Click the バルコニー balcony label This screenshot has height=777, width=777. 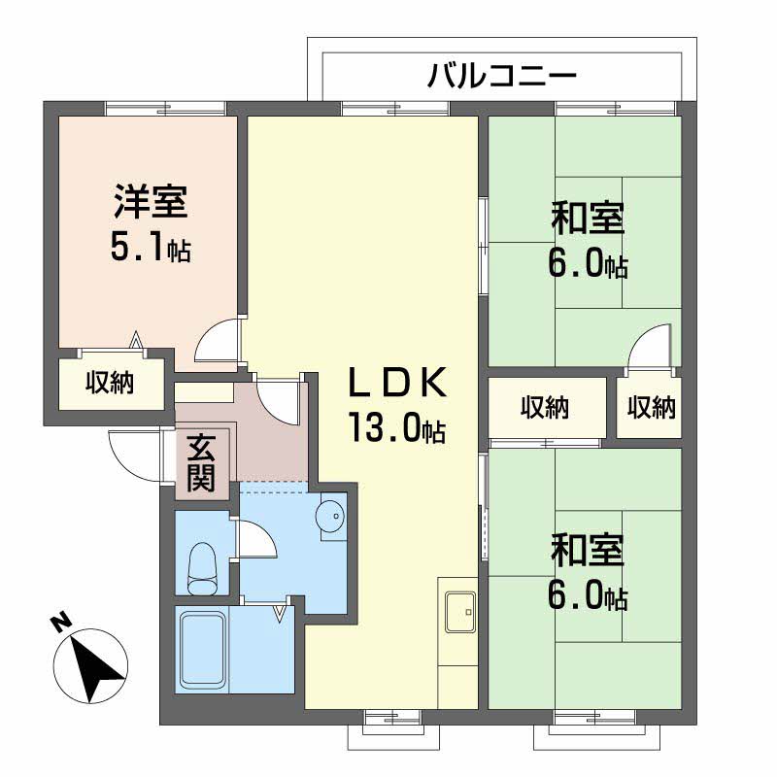point(503,75)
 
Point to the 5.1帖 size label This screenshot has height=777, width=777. point(150,249)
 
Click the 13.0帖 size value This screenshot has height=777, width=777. point(397,428)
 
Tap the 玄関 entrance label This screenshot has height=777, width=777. point(201,464)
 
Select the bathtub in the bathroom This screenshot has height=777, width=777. point(201,649)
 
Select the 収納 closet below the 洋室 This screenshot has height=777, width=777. point(109,384)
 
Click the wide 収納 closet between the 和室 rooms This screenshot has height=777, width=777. point(545,407)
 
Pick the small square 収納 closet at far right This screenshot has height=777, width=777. point(650,407)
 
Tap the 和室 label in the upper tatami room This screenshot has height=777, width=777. point(587,218)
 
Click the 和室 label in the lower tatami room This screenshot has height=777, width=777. point(587,549)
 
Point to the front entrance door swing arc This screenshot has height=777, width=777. point(128,451)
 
